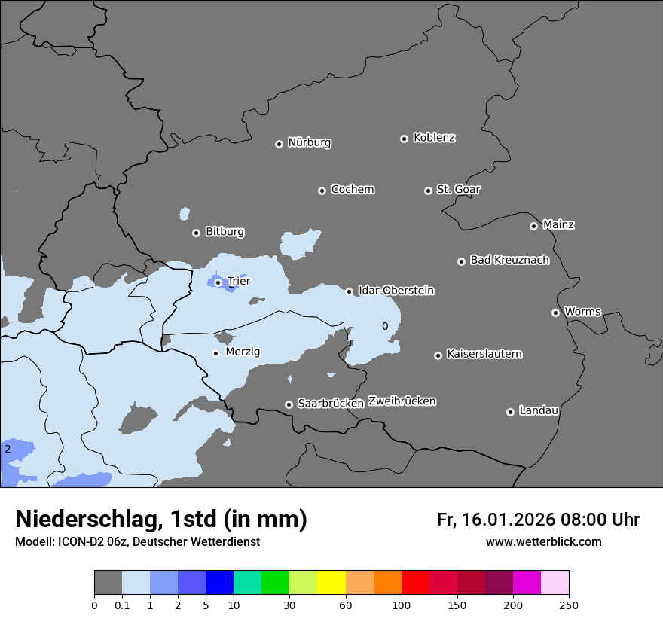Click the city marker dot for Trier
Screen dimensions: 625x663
tap(218, 282)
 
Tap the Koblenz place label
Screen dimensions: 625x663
tap(434, 138)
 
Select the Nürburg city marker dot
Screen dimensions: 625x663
tap(279, 144)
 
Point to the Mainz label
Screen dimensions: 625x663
tap(558, 224)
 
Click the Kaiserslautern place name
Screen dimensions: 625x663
tap(484, 354)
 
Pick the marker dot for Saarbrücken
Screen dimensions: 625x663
tap(289, 404)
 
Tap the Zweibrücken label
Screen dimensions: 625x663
tap(402, 401)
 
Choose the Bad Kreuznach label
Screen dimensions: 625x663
tap(509, 260)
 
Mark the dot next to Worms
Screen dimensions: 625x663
tap(555, 312)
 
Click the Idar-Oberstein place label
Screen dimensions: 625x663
tap(396, 291)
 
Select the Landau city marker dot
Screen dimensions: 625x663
tap(510, 412)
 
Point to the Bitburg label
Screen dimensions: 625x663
tap(225, 232)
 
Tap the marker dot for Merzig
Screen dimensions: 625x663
tap(215, 353)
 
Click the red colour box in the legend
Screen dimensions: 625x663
tap(415, 583)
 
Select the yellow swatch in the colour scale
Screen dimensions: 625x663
tap(331, 583)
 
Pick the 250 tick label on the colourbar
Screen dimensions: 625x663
tap(569, 605)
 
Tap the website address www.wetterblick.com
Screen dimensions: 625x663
tap(543, 541)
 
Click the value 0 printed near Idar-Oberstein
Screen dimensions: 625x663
tap(385, 326)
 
